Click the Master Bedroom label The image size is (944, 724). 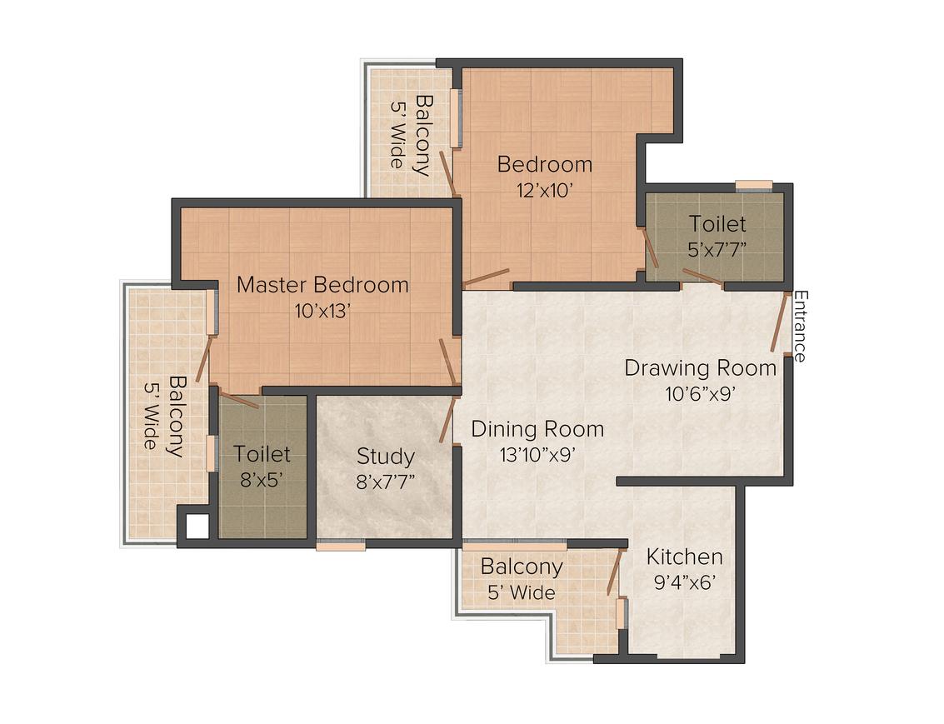click(322, 285)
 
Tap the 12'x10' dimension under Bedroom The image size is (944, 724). click(544, 190)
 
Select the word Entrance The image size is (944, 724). click(799, 326)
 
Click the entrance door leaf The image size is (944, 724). click(779, 322)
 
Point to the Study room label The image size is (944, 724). click(385, 457)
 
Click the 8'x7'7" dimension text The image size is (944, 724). click(385, 482)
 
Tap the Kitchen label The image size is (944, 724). click(685, 557)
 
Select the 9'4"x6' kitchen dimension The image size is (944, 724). click(685, 582)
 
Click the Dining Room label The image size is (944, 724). click(537, 429)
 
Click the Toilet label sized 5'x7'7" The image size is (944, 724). click(717, 224)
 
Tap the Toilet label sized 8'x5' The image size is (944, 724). click(262, 454)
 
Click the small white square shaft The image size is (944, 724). click(197, 527)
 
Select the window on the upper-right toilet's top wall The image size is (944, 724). click(753, 185)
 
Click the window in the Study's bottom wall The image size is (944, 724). click(340, 546)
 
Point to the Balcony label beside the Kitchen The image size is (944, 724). click(522, 567)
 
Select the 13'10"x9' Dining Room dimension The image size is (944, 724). click(537, 454)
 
